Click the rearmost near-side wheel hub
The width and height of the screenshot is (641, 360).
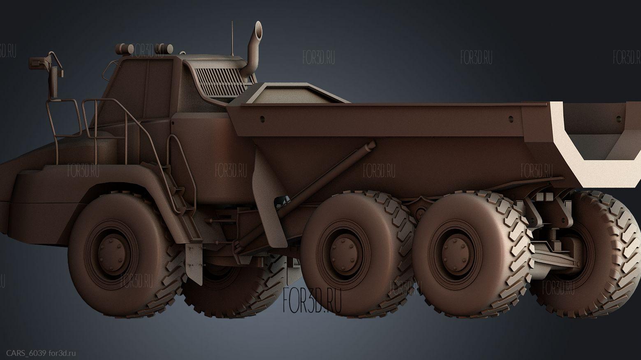pyautogui.click(x=456, y=254)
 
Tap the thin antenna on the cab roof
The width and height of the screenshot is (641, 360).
pyautogui.click(x=232, y=38)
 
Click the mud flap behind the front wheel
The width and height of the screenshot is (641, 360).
pyautogui.click(x=194, y=263)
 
